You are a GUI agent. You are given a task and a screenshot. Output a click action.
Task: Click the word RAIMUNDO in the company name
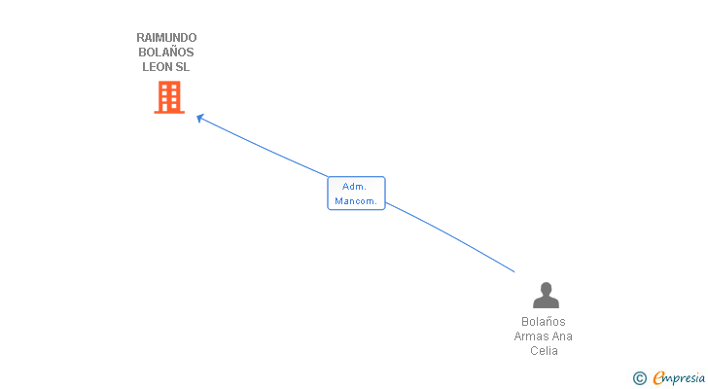166,38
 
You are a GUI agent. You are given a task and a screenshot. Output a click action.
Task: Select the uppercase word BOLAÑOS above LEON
166,53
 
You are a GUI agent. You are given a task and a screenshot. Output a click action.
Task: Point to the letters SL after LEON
183,67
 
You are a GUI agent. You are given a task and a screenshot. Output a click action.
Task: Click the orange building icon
169,97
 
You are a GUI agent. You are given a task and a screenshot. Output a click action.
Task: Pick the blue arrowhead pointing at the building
200,119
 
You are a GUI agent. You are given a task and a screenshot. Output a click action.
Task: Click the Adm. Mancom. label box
356,193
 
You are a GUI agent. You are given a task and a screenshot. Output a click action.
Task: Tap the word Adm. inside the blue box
354,186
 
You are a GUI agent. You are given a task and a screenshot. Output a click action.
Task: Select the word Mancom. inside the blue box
356,200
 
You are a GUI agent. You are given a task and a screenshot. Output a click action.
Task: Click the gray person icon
546,295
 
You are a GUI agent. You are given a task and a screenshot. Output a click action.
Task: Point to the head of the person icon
546,289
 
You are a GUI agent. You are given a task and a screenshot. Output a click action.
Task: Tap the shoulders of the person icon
546,302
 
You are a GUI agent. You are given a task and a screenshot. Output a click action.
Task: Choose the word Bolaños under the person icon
544,322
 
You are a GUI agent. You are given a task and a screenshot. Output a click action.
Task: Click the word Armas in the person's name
531,336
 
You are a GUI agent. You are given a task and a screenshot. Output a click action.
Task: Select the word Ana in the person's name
562,336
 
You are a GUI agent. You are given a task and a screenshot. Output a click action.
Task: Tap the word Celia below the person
544,351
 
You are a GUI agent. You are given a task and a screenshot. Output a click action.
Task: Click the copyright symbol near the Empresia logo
639,378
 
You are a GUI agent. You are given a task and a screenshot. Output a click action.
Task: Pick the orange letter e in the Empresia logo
659,378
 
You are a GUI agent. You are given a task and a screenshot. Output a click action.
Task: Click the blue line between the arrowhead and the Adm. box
263,147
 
